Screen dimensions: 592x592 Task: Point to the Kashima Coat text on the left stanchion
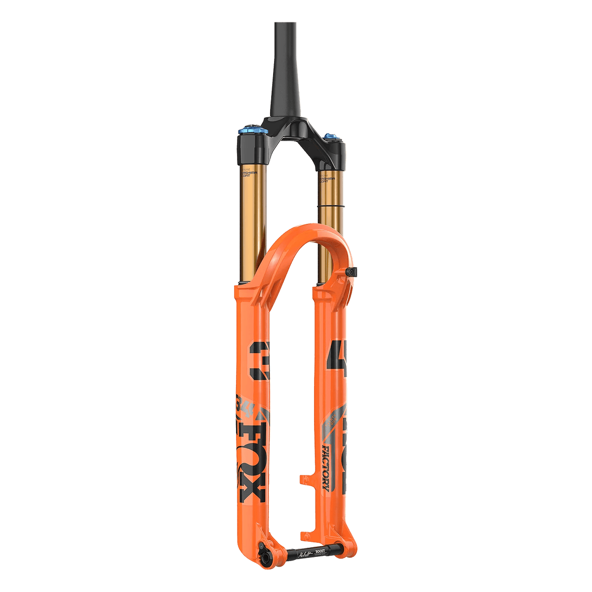pos(247,173)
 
